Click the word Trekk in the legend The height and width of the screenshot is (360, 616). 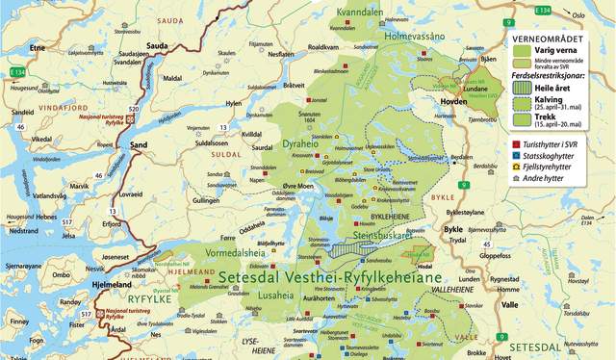pos(555,116)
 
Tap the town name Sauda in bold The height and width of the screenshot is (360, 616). pos(157,45)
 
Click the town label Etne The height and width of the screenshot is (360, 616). pos(38,46)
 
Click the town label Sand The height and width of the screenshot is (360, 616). pos(139,145)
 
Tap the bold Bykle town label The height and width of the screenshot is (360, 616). pos(452,230)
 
